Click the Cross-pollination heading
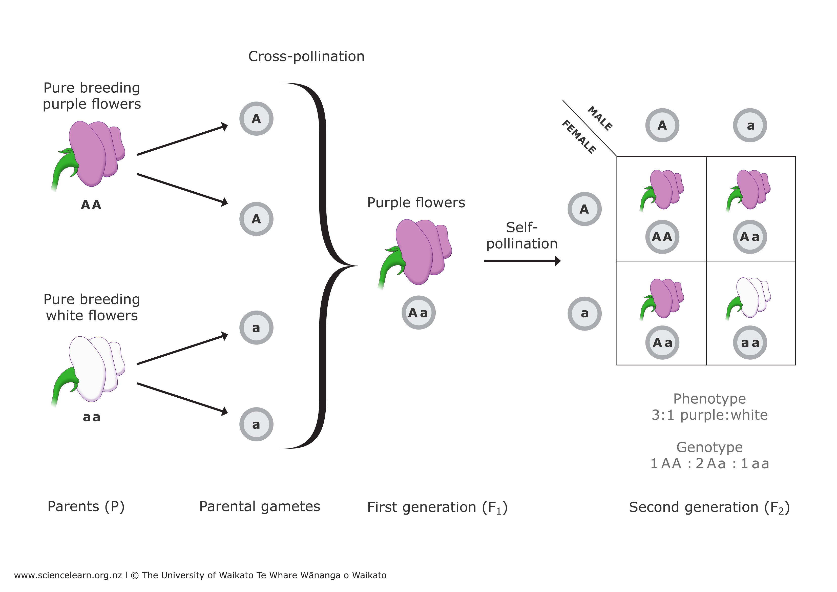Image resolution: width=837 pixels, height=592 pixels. (306, 56)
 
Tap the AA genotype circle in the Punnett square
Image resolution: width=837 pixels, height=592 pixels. (662, 237)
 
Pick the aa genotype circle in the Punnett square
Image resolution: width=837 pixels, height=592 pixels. (750, 343)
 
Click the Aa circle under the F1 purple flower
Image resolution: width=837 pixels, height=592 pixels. (418, 313)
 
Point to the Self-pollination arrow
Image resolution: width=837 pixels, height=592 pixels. (522, 261)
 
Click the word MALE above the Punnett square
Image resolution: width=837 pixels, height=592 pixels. (600, 118)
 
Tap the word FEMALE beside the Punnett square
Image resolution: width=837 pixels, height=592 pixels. (579, 137)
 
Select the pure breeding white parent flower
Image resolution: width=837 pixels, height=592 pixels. (91, 369)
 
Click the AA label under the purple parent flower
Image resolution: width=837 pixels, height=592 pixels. (91, 205)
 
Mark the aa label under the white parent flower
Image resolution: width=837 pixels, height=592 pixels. (91, 417)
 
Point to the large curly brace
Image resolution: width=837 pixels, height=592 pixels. (323, 266)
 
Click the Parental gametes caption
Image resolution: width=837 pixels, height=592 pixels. (260, 506)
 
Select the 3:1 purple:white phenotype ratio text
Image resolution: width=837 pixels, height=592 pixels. (709, 415)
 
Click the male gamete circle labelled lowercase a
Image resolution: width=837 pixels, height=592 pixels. (750, 125)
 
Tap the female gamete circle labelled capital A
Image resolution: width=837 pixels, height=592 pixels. (584, 209)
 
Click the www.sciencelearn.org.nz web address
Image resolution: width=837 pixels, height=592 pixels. (68, 575)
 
